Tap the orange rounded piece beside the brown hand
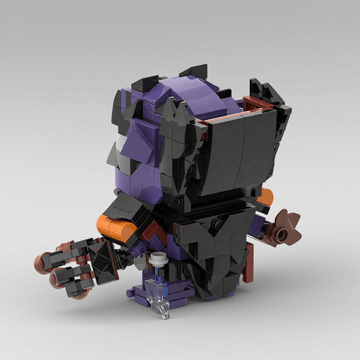[266, 197]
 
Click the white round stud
[159, 257]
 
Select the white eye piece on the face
[117, 146]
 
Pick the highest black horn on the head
[197, 73]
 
